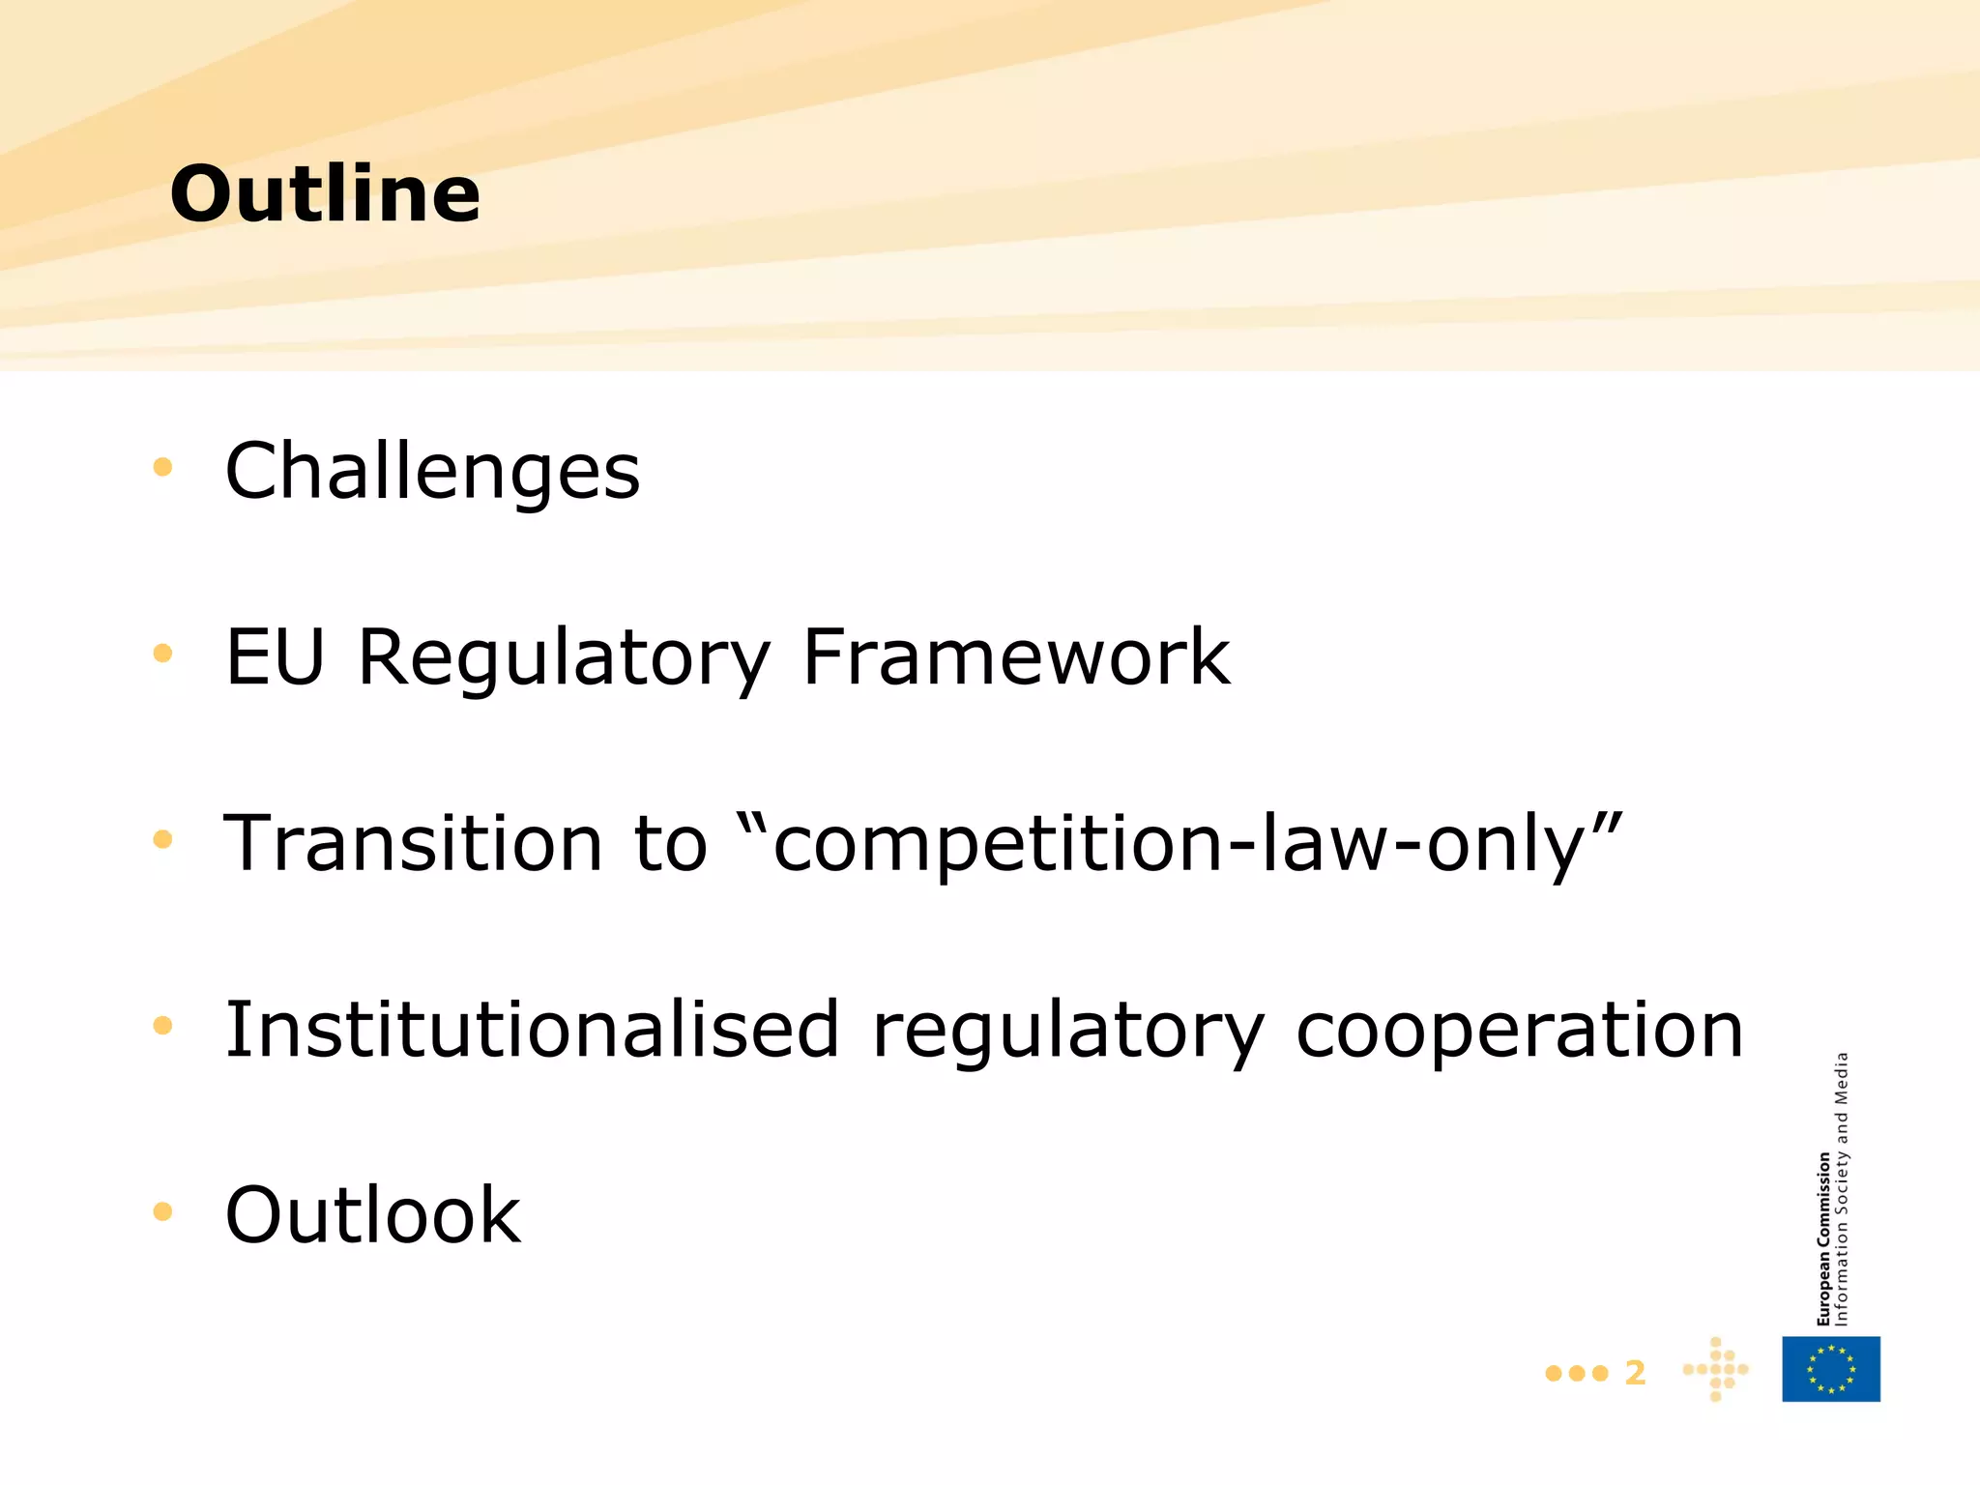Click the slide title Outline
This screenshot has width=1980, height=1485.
pyautogui.click(x=325, y=193)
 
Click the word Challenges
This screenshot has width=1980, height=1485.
pyautogui.click(x=432, y=471)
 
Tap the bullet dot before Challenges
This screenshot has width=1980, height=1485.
pyautogui.click(x=162, y=468)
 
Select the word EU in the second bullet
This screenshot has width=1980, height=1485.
pyautogui.click(x=275, y=656)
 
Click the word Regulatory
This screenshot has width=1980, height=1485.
pyautogui.click(x=564, y=658)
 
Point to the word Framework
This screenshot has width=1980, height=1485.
pyautogui.click(x=1016, y=656)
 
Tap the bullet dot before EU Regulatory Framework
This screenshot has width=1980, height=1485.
pyautogui.click(x=162, y=654)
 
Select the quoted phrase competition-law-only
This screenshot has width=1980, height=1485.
pyautogui.click(x=1179, y=843)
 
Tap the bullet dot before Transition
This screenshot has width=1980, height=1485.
pyautogui.click(x=162, y=840)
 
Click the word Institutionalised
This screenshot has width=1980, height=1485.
pyautogui.click(x=532, y=1029)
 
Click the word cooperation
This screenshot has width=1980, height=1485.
pyautogui.click(x=1519, y=1031)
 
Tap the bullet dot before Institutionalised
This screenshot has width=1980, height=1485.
pyautogui.click(x=162, y=1026)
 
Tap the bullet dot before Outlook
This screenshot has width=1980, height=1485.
pyautogui.click(x=162, y=1211)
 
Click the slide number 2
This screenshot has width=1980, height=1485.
pyautogui.click(x=1635, y=1373)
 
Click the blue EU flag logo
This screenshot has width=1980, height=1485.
pyautogui.click(x=1831, y=1369)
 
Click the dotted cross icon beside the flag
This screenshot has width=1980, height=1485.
pyautogui.click(x=1716, y=1369)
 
